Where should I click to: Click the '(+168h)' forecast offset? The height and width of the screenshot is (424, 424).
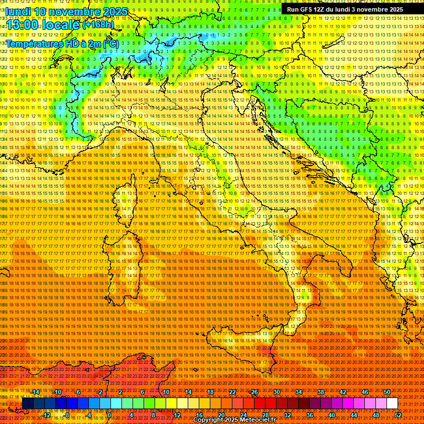(98, 24)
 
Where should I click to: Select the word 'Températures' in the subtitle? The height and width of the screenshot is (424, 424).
(33, 43)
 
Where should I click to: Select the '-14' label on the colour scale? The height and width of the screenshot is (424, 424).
(36, 392)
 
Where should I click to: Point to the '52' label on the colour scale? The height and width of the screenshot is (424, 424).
(397, 415)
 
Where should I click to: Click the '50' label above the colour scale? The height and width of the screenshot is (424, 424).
(386, 392)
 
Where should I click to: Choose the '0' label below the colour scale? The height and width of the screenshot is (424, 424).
(110, 415)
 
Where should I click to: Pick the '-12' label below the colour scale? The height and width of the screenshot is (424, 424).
(47, 415)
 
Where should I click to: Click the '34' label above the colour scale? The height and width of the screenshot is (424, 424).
(298, 392)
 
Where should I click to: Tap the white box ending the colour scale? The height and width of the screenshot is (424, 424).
(392, 403)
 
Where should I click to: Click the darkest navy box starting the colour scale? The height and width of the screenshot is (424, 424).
(28, 403)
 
